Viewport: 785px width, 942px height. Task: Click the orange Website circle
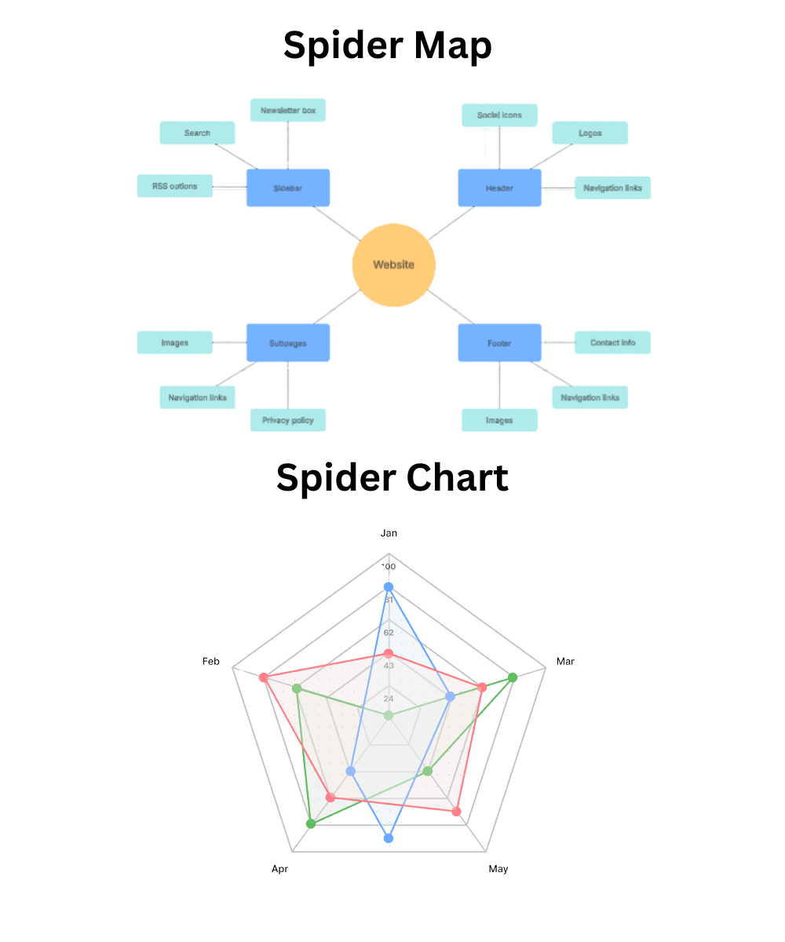pyautogui.click(x=393, y=265)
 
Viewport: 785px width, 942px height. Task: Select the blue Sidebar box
pyautogui.click(x=288, y=188)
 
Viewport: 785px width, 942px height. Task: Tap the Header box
pyautogui.click(x=499, y=188)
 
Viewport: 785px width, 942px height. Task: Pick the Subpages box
pyautogui.click(x=288, y=342)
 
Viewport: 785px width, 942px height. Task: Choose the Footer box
pyautogui.click(x=499, y=342)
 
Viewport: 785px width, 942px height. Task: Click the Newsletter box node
pyautogui.click(x=288, y=110)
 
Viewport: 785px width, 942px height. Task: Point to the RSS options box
pyautogui.click(x=174, y=186)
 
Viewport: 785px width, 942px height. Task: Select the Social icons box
pyautogui.click(x=499, y=115)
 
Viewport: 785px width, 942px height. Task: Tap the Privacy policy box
pyautogui.click(x=288, y=420)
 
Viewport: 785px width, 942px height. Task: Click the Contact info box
pyautogui.click(x=612, y=342)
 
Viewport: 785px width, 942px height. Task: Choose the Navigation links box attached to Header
pyautogui.click(x=612, y=188)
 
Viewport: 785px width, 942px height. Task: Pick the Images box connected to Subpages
pyautogui.click(x=174, y=342)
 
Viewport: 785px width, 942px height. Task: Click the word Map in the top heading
pyautogui.click(x=454, y=46)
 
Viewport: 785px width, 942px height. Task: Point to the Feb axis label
pyautogui.click(x=210, y=662)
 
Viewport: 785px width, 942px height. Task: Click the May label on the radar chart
pyautogui.click(x=498, y=869)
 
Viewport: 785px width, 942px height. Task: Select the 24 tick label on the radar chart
pyautogui.click(x=389, y=699)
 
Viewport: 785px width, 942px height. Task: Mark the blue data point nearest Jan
pyautogui.click(x=388, y=587)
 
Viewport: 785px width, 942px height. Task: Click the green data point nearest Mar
pyautogui.click(x=513, y=677)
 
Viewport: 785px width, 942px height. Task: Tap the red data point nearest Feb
pyautogui.click(x=264, y=677)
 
